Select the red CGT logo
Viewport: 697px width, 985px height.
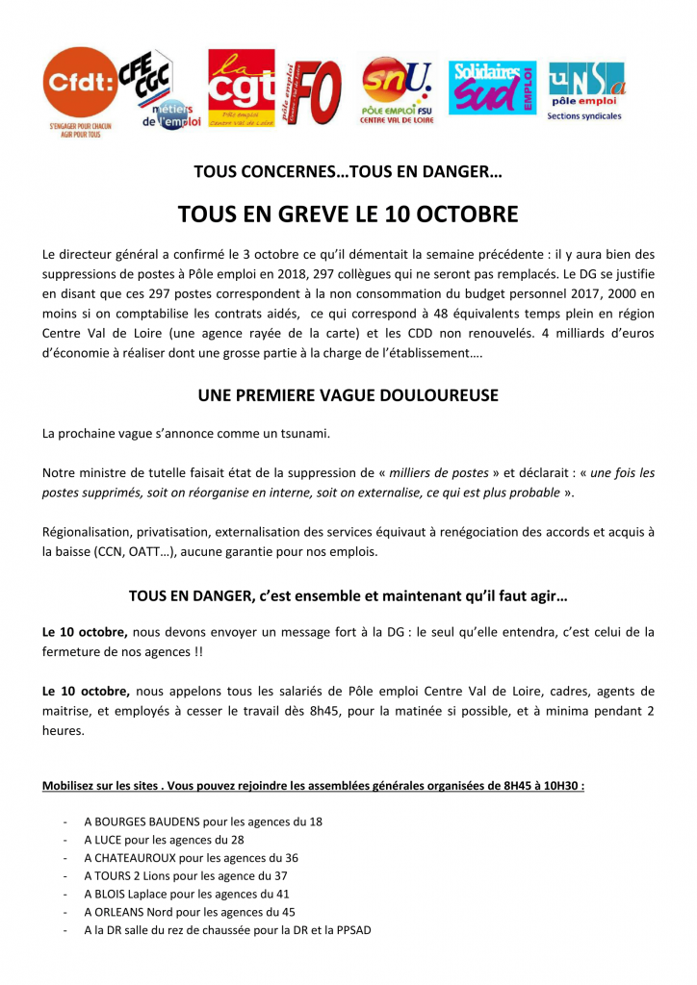click(242, 88)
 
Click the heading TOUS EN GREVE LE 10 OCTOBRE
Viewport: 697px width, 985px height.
click(348, 214)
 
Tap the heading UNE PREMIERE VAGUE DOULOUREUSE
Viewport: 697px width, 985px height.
click(348, 395)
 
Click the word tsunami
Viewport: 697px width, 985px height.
click(304, 434)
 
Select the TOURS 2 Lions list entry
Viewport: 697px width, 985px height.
click(136, 876)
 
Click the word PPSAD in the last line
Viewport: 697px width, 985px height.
click(352, 930)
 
